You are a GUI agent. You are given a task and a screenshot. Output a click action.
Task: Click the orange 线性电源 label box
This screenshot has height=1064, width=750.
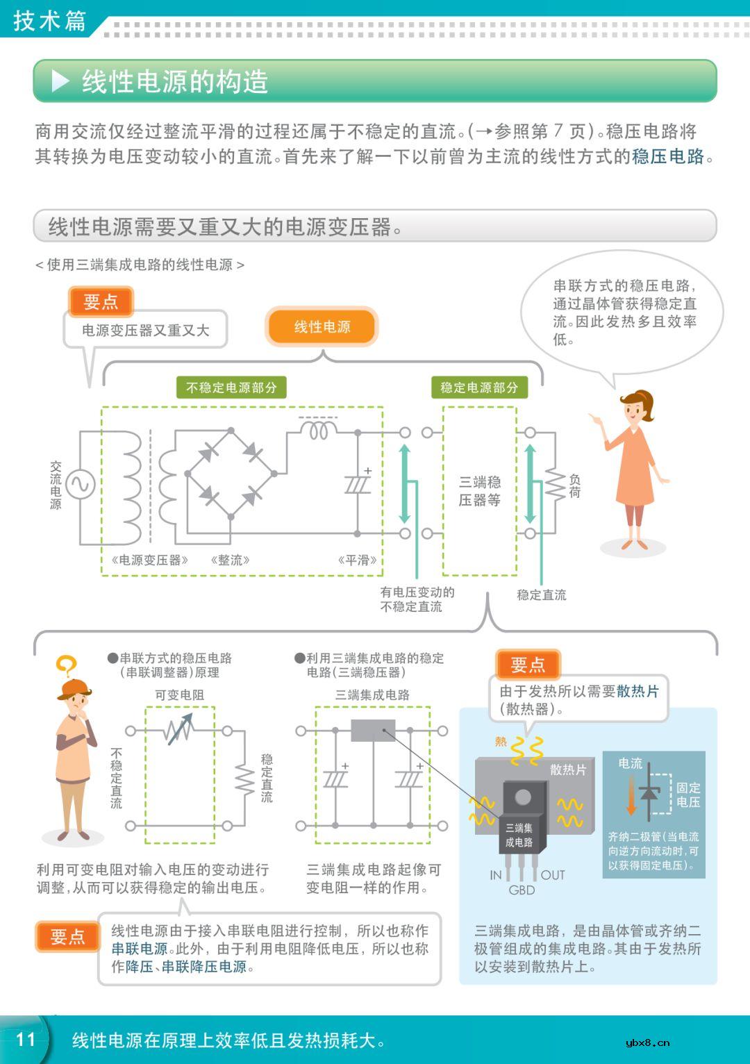(322, 327)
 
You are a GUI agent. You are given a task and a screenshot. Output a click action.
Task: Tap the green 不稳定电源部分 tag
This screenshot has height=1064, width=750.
(231, 388)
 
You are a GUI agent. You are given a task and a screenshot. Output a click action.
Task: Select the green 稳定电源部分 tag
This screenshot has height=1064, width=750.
(479, 388)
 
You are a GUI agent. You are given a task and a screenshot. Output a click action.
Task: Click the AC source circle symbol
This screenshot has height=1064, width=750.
(80, 484)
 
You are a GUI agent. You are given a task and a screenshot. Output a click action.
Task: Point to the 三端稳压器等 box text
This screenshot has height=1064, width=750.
(479, 490)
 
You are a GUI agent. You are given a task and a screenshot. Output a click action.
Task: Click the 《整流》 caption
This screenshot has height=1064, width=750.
(230, 560)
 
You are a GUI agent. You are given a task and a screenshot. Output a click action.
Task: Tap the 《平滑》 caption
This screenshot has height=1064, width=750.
(358, 560)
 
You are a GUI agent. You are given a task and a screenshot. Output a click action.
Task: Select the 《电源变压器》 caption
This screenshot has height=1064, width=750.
(149, 560)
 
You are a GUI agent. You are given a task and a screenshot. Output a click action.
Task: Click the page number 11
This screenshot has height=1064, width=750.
(26, 1039)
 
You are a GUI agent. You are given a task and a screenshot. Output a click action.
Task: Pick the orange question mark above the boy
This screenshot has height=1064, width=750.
(66, 667)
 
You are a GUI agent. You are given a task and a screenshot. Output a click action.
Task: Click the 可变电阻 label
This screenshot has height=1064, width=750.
(179, 695)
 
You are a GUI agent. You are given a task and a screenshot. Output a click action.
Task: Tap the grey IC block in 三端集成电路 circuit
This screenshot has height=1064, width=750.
(373, 731)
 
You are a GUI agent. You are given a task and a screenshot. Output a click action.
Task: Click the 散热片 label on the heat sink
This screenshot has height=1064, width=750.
(568, 770)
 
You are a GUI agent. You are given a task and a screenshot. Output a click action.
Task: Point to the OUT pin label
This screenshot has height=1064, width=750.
(553, 875)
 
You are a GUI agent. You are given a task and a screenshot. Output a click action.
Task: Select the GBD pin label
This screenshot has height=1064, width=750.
(522, 890)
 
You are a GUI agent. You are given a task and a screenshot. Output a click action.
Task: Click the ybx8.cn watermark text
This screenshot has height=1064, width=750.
(647, 1042)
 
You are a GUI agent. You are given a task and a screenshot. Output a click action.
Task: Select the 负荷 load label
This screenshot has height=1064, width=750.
(574, 486)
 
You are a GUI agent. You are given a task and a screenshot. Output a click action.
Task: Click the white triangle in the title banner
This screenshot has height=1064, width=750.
(60, 81)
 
